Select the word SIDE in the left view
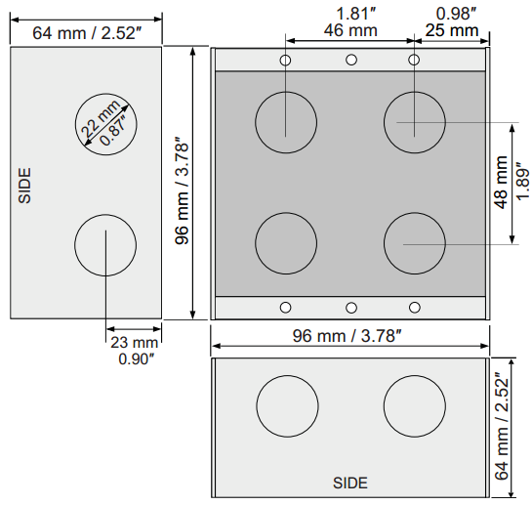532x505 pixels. pyautogui.click(x=25, y=185)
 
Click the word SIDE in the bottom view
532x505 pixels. pyautogui.click(x=350, y=483)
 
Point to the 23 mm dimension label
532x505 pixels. pyautogui.click(x=133, y=343)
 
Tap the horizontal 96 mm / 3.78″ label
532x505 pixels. pyautogui.click(x=348, y=336)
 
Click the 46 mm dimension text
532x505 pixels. pyautogui.click(x=348, y=30)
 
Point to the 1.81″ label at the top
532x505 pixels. pyautogui.click(x=352, y=13)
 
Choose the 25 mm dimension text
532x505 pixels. pyautogui.click(x=452, y=30)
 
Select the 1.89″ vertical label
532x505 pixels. pyautogui.click(x=521, y=183)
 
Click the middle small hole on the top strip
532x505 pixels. pyautogui.click(x=350, y=60)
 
